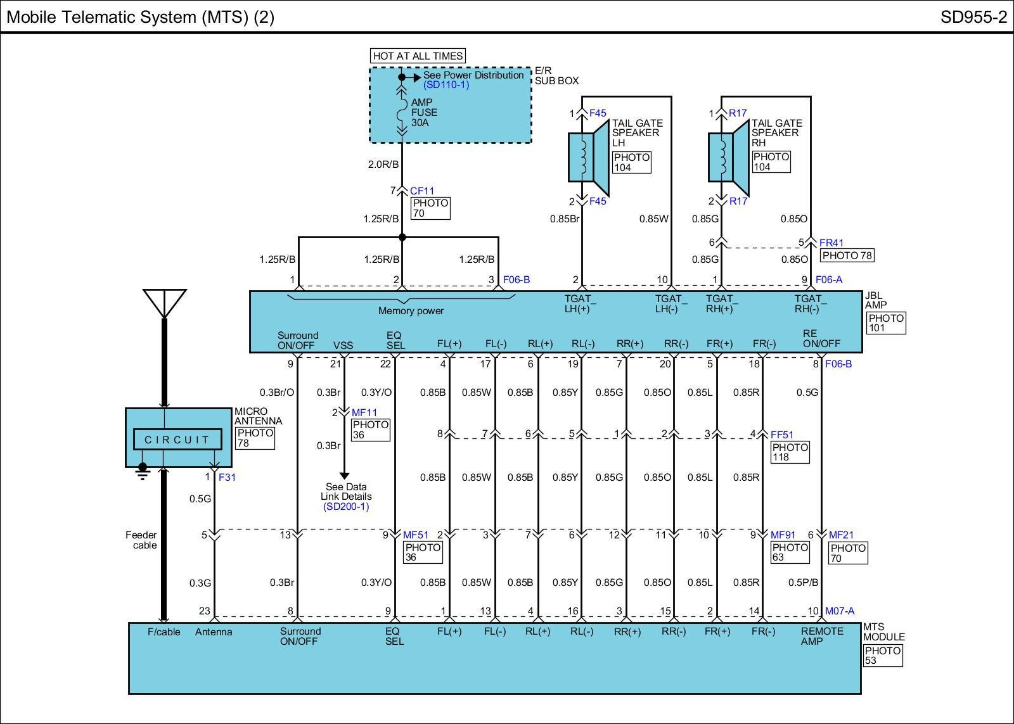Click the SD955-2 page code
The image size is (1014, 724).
(973, 17)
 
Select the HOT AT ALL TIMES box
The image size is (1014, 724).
(418, 56)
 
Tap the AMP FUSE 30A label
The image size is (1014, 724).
(423, 113)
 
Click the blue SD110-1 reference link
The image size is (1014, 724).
(446, 85)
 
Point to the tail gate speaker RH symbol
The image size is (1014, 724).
(728, 157)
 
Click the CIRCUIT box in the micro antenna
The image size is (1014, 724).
(177, 440)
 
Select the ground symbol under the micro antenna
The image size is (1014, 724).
(143, 471)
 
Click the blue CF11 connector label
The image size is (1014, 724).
(422, 191)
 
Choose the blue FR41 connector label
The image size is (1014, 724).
(831, 243)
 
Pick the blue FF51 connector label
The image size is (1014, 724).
(781, 435)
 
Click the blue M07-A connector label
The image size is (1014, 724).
(839, 611)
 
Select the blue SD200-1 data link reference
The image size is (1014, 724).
(345, 507)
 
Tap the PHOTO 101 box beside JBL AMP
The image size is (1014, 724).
(885, 323)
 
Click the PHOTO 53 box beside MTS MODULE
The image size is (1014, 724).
(882, 656)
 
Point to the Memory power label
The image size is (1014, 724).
(411, 311)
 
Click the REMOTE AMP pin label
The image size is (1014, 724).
(821, 636)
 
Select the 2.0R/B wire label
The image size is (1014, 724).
(383, 165)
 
